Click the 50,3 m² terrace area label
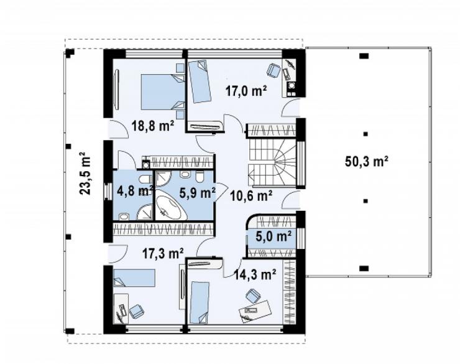[x=367, y=161]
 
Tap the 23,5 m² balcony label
[x=85, y=173]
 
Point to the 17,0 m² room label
[x=246, y=90]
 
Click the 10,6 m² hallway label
[x=251, y=196]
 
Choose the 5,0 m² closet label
[x=274, y=236]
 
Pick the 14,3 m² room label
[x=255, y=274]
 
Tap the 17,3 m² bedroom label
[x=163, y=253]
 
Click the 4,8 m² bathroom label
[x=135, y=191]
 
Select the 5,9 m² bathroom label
[x=198, y=193]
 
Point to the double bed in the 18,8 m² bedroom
[x=163, y=92]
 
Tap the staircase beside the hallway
[x=272, y=162]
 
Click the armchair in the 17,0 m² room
[x=274, y=70]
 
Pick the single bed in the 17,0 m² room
[x=199, y=81]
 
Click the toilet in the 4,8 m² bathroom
[x=145, y=179]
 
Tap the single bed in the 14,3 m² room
[x=200, y=302]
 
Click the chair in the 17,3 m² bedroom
[x=136, y=311]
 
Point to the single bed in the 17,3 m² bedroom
[x=134, y=278]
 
